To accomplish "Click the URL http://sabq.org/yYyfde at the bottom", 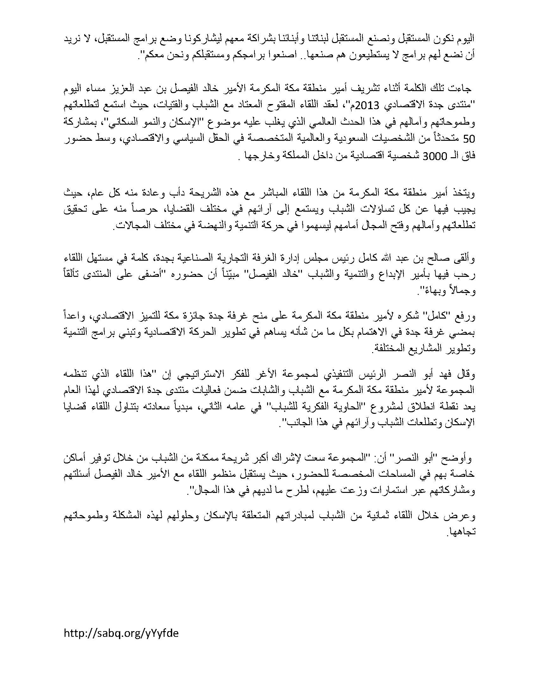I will point(121,633).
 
